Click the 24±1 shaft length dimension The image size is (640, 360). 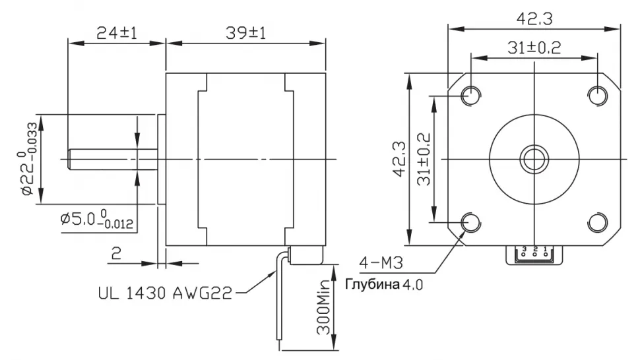[116, 32]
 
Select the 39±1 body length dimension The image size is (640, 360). [245, 32]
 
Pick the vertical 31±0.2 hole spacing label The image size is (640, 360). [423, 159]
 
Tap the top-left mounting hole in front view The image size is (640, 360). [472, 95]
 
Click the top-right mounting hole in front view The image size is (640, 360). [597, 95]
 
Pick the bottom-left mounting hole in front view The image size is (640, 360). [472, 222]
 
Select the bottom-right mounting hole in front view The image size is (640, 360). [597, 222]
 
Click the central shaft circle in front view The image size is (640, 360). [533, 158]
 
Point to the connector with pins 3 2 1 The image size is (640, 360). [535, 254]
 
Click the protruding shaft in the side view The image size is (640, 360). [112, 158]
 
